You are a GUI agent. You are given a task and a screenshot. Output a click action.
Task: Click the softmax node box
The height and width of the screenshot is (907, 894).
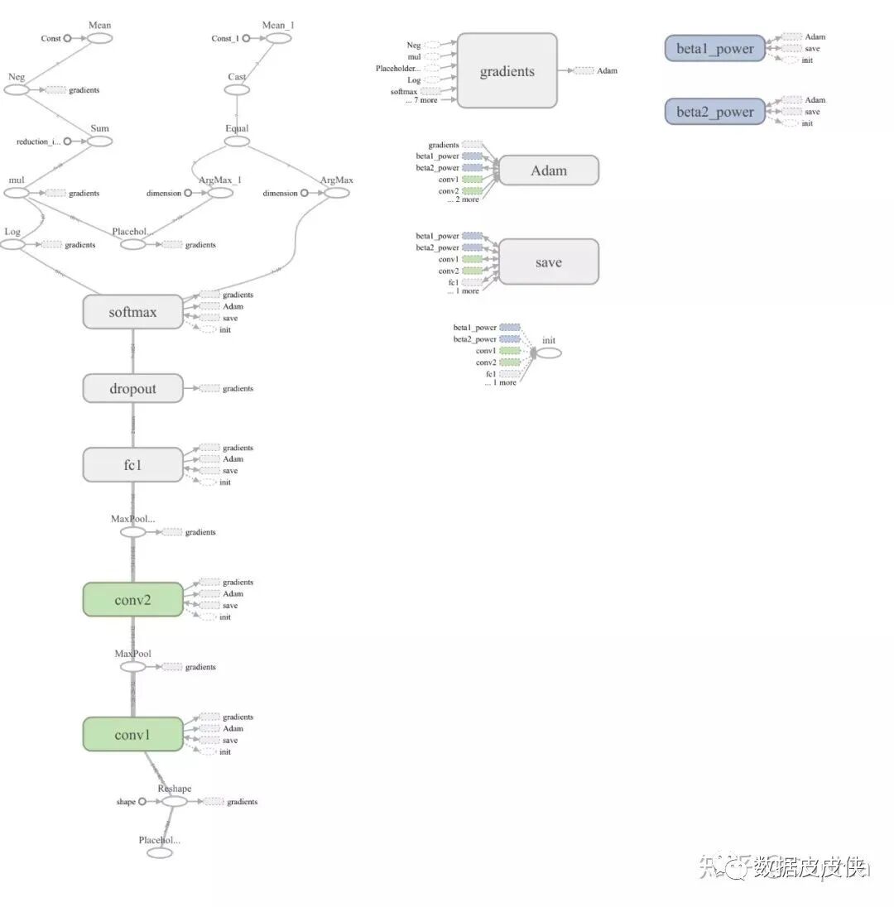pyautogui.click(x=132, y=312)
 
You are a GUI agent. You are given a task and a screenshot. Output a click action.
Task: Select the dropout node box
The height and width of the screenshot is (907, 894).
pyautogui.click(x=132, y=388)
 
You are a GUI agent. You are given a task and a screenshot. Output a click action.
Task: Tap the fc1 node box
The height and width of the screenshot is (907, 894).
pyautogui.click(x=132, y=464)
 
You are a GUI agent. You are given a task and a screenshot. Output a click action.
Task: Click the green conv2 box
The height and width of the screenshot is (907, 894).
pyautogui.click(x=132, y=599)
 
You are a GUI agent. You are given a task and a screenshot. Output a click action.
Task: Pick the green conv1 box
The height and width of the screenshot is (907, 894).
pyautogui.click(x=132, y=734)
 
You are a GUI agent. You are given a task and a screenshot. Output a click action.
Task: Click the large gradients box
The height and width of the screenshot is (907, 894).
pyautogui.click(x=507, y=71)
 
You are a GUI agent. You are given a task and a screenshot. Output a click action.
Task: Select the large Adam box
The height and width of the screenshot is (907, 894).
pyautogui.click(x=548, y=170)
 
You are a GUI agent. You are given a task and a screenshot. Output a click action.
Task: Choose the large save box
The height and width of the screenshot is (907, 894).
pyautogui.click(x=548, y=262)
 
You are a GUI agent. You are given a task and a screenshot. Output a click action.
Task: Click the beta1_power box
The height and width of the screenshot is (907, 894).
pyautogui.click(x=714, y=49)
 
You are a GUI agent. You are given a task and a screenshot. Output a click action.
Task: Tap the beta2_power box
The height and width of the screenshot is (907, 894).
pyautogui.click(x=714, y=112)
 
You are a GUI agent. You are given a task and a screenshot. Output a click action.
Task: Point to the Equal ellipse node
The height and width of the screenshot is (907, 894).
pyautogui.click(x=237, y=141)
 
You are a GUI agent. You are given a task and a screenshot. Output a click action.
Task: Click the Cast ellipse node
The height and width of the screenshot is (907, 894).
pyautogui.click(x=237, y=89)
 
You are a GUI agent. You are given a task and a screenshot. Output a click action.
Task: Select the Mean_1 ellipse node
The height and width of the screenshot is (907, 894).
pyautogui.click(x=276, y=38)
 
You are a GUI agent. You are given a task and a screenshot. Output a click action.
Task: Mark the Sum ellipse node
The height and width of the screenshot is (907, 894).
pyautogui.click(x=99, y=142)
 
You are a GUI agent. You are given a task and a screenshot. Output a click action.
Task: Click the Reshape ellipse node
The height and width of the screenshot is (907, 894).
pyautogui.click(x=174, y=801)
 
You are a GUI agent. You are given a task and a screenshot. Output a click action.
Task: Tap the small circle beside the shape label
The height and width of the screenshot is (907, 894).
pyautogui.click(x=142, y=801)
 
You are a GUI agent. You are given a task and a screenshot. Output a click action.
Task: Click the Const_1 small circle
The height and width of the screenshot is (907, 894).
pyautogui.click(x=246, y=38)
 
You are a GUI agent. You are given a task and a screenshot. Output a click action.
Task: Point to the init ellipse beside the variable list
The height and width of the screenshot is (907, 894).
pyautogui.click(x=549, y=353)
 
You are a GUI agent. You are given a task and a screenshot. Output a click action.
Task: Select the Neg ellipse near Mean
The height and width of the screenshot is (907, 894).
pyautogui.click(x=17, y=89)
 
